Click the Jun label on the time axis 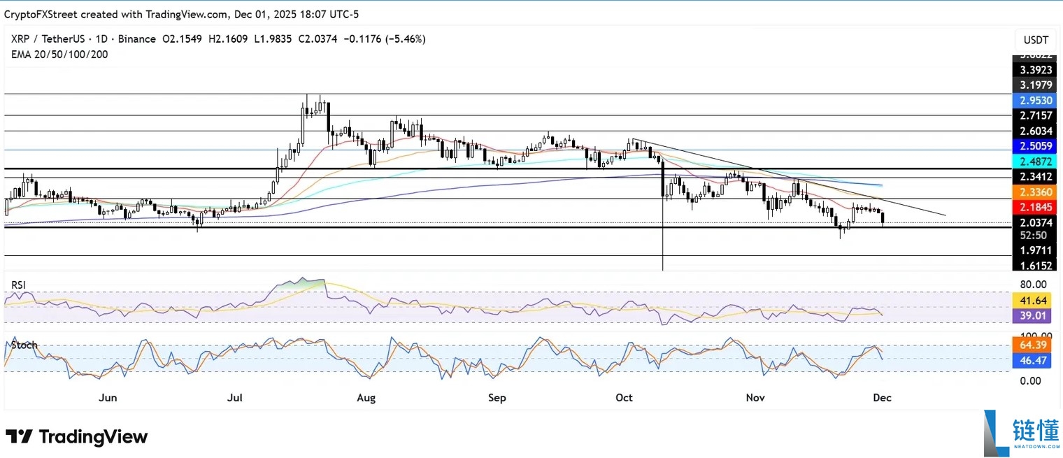coord(107,398)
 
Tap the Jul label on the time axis coord(235,398)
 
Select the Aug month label coord(366,398)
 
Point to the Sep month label coord(497,398)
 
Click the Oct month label coord(624,398)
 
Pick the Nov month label coord(755,398)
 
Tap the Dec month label coord(882,398)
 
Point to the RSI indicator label coord(19,285)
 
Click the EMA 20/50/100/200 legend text coord(59,54)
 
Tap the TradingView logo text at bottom coord(77,437)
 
